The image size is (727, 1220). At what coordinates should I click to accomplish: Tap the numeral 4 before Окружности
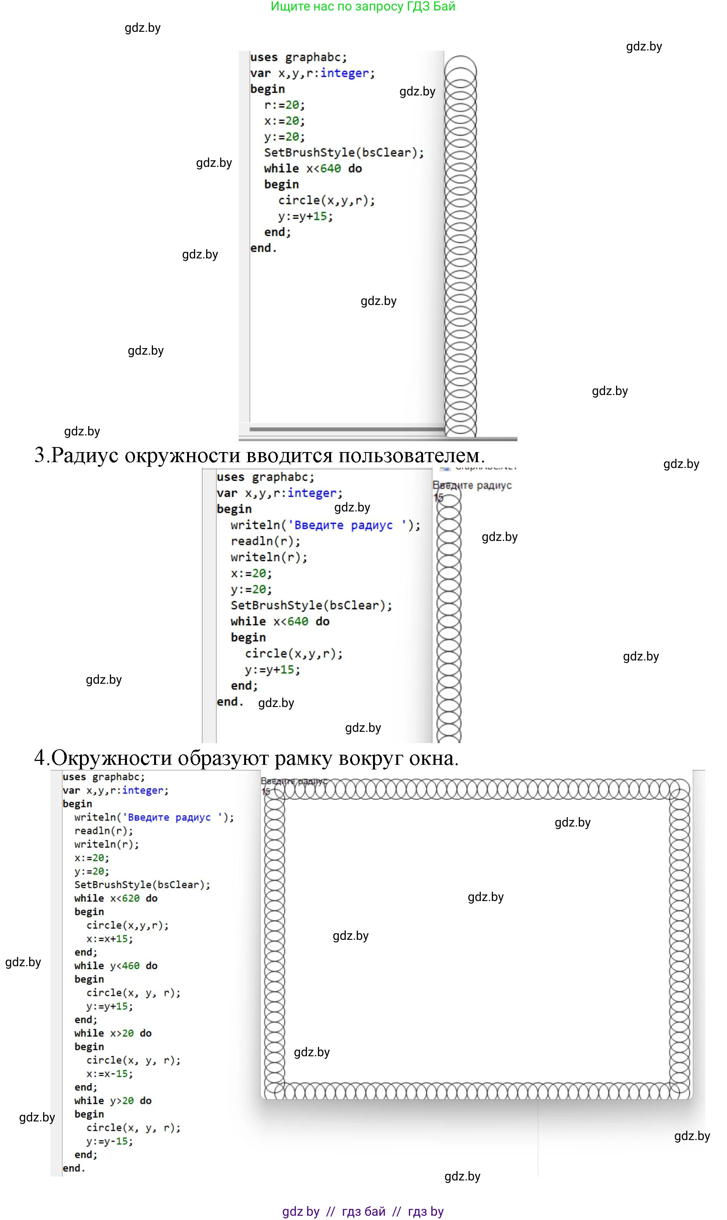(x=40, y=758)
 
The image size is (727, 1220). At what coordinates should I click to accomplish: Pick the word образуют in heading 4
(x=222, y=759)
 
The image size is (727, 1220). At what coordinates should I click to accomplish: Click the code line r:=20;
(x=284, y=105)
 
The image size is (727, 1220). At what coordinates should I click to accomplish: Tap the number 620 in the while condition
(x=131, y=898)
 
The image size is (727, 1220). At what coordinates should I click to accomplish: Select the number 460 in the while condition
(x=131, y=966)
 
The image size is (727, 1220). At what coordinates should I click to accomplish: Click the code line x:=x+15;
(x=109, y=939)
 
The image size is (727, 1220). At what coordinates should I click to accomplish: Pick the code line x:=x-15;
(x=109, y=1074)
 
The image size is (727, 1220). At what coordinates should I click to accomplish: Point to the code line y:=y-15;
(x=109, y=1142)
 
